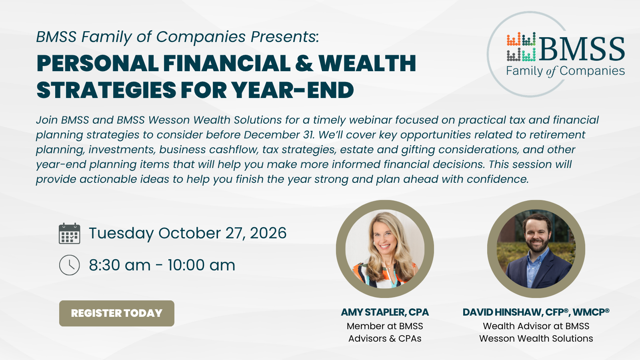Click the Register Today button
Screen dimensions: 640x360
pyautogui.click(x=116, y=313)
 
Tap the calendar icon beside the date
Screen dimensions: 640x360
pyautogui.click(x=70, y=234)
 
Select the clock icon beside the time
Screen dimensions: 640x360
pyautogui.click(x=70, y=265)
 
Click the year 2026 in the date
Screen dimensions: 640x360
pyautogui.click(x=268, y=233)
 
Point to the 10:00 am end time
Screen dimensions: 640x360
pyautogui.click(x=201, y=265)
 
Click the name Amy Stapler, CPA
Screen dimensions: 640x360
pyautogui.click(x=384, y=312)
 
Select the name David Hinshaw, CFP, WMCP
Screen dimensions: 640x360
pyautogui.click(x=536, y=312)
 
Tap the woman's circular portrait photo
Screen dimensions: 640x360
pyautogui.click(x=385, y=249)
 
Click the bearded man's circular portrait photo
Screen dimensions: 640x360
pyautogui.click(x=536, y=249)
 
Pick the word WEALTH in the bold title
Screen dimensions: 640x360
pyautogui.click(x=367, y=63)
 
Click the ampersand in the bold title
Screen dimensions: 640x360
pyautogui.click(x=304, y=63)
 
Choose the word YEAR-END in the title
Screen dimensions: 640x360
pyautogui.click(x=292, y=90)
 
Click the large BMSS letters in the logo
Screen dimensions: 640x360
pyautogui.click(x=582, y=49)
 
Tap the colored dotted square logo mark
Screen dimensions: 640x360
pyautogui.click(x=521, y=46)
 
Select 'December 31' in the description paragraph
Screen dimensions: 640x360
pyautogui.click(x=279, y=134)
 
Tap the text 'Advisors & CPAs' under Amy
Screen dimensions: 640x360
pyautogui.click(x=385, y=338)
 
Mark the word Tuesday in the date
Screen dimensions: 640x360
pyautogui.click(x=122, y=234)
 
